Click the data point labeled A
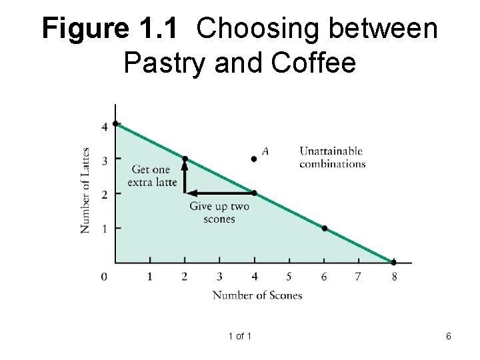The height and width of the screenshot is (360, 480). [x=254, y=159]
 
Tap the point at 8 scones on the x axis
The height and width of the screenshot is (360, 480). [x=393, y=263]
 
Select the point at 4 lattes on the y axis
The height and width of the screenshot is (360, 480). [x=115, y=123]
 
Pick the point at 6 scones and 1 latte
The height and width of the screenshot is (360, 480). [x=324, y=228]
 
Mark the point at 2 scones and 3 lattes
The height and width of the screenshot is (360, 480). [x=185, y=159]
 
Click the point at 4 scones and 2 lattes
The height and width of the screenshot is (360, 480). [x=254, y=193]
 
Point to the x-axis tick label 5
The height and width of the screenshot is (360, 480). [x=289, y=276]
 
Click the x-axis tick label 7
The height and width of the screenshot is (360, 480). [x=358, y=276]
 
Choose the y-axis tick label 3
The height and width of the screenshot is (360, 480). [x=103, y=159]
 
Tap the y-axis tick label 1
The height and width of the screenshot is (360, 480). [x=103, y=229]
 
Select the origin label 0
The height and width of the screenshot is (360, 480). [x=103, y=276]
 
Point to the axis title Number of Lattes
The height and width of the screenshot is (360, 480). [x=85, y=189]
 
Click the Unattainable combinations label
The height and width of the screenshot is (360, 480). [x=332, y=157]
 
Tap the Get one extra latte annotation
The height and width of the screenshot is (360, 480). [x=154, y=175]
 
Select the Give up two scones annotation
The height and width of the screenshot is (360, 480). [x=219, y=212]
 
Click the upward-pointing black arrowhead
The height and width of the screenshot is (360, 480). [x=185, y=165]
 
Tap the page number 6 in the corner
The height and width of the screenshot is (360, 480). [x=449, y=337]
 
